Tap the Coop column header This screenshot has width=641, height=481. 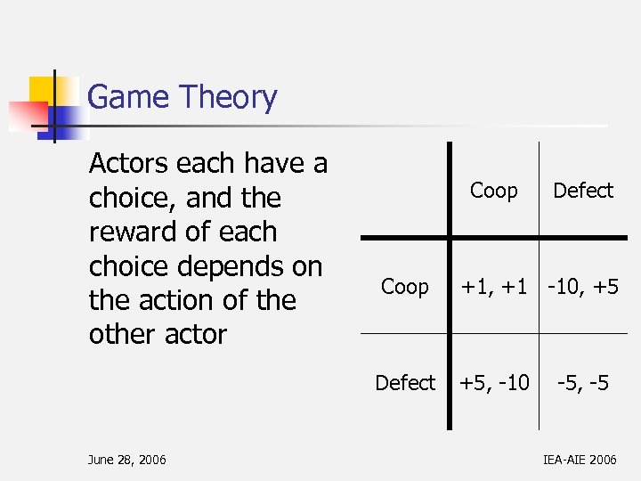tap(493, 191)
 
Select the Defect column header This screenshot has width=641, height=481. tap(583, 191)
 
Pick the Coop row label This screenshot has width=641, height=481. tap(404, 287)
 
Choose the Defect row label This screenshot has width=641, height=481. tap(405, 383)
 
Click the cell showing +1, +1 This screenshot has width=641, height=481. tap(494, 287)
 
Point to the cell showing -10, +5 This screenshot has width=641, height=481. tap(583, 287)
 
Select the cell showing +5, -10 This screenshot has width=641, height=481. tap(494, 383)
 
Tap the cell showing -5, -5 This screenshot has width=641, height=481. tap(583, 383)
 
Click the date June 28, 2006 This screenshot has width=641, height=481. tap(126, 460)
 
